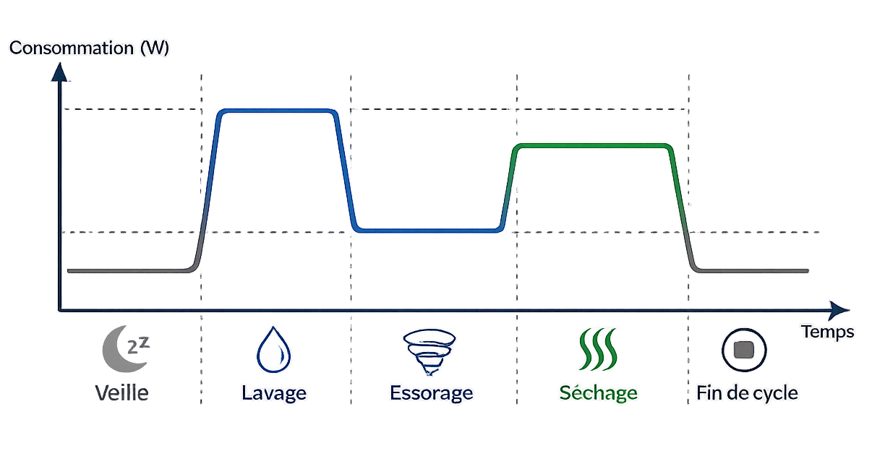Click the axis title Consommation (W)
(89, 48)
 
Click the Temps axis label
(828, 332)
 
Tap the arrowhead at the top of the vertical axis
(59, 72)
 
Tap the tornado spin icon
(429, 352)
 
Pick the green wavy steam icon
(598, 349)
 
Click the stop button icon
(744, 350)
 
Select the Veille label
(122, 392)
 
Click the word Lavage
(274, 393)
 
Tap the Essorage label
(432, 393)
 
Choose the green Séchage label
(599, 392)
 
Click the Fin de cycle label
(747, 393)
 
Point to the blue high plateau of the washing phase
(278, 111)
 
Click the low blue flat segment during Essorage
(428, 231)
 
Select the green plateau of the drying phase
(593, 146)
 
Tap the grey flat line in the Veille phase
(129, 270)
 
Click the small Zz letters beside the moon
(139, 345)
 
